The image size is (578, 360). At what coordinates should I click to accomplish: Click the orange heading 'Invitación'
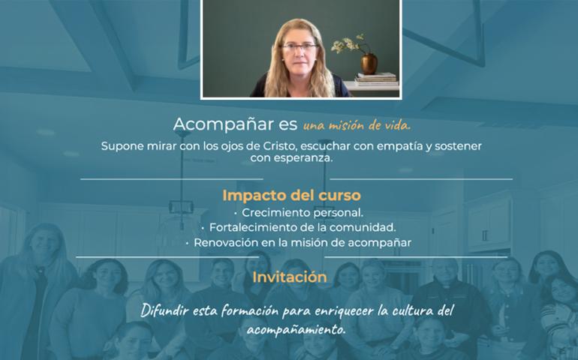(290, 277)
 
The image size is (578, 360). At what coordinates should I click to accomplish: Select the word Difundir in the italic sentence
(166, 310)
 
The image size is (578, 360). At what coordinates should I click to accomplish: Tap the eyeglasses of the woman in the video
(300, 48)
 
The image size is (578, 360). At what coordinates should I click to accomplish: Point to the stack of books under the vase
(375, 79)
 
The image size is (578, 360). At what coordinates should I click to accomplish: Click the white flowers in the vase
(346, 44)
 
